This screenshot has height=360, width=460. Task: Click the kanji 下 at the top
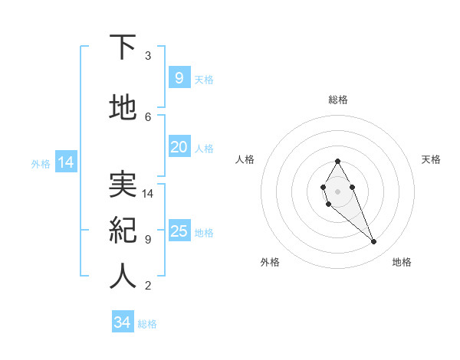point(123,47)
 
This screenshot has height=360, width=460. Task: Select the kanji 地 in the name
point(123,108)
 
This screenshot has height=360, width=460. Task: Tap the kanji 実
point(123,184)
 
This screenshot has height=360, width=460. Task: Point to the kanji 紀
point(123,230)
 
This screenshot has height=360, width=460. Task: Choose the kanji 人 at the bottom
point(123,277)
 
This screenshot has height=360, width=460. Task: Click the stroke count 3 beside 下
point(148,56)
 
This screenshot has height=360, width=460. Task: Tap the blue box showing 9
point(179,78)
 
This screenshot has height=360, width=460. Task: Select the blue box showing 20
point(179,147)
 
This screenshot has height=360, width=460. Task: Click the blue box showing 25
point(179,231)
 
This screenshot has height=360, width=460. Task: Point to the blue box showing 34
point(122,322)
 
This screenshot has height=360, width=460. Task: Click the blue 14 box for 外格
point(65,162)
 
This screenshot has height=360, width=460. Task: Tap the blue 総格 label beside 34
point(147,324)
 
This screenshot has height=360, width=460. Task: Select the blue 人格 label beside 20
point(204,148)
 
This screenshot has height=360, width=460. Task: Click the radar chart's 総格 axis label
point(337,100)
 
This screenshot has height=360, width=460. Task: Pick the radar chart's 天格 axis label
point(431,159)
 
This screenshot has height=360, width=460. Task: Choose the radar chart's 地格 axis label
point(402,262)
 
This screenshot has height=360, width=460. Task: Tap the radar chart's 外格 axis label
point(270,262)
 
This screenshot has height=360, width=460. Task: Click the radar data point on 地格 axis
point(373,242)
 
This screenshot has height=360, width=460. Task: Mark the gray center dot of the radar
point(337,190)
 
